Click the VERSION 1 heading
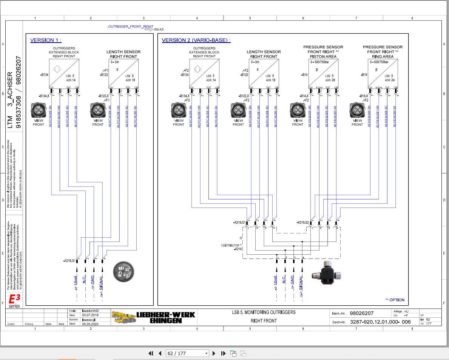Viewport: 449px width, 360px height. tap(45, 40)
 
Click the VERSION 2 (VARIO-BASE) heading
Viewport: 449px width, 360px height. tap(196, 40)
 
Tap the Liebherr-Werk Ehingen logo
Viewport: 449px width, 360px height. tap(153, 317)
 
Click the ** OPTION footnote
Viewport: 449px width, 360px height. tap(395, 300)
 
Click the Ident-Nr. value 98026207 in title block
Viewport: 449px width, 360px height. tap(361, 313)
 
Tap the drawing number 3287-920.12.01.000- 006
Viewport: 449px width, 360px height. tap(380, 322)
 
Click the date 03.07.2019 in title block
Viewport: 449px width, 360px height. tap(90, 315)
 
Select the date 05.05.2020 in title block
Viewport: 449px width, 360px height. tap(90, 323)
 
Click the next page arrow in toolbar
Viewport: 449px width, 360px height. tap(214, 354)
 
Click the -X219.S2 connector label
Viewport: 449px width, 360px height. tap(302, 223)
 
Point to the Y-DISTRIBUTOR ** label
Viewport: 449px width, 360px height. tap(231, 245)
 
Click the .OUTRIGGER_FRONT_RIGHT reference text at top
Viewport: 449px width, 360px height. tap(130, 27)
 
